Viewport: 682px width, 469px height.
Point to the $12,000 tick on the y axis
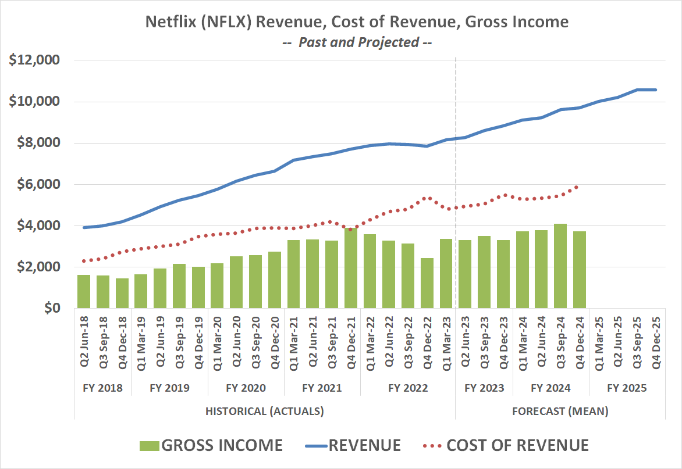35,60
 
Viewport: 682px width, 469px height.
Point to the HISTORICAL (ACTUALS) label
264,411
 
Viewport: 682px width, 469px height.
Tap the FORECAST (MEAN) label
560,411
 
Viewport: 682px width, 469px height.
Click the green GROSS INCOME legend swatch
148,446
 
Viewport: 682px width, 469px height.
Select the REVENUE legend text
364,446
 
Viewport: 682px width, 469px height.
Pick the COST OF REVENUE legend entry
517,446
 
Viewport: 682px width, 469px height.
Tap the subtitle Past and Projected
358,42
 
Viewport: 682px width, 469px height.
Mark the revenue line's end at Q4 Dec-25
656,89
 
